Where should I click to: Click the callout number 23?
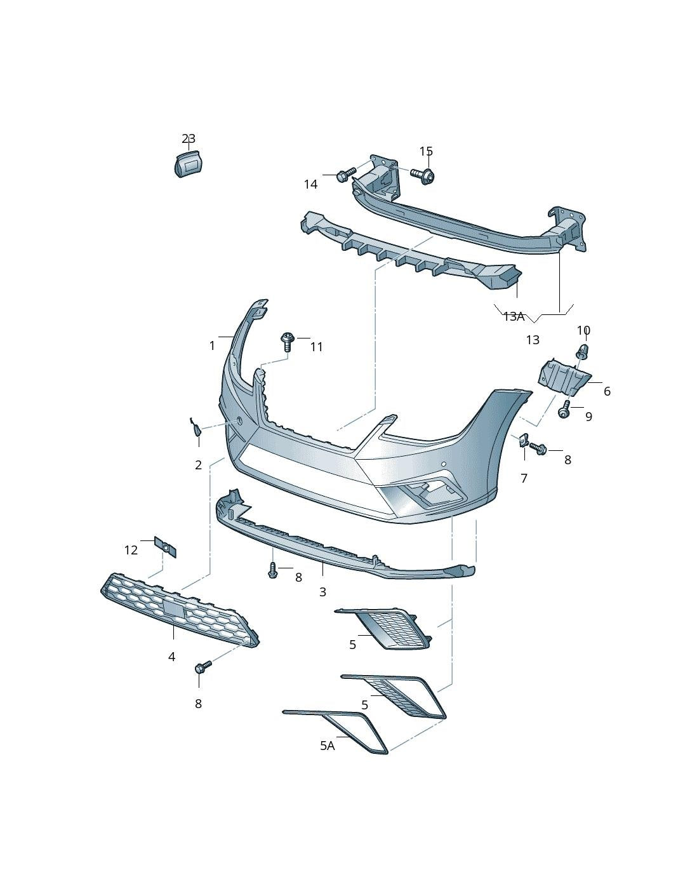coord(189,138)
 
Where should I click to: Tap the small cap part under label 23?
coord(187,163)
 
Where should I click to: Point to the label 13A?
coord(514,316)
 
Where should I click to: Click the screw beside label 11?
coord(286,342)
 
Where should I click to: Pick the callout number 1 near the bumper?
coord(212,346)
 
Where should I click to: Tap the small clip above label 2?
coord(197,426)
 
